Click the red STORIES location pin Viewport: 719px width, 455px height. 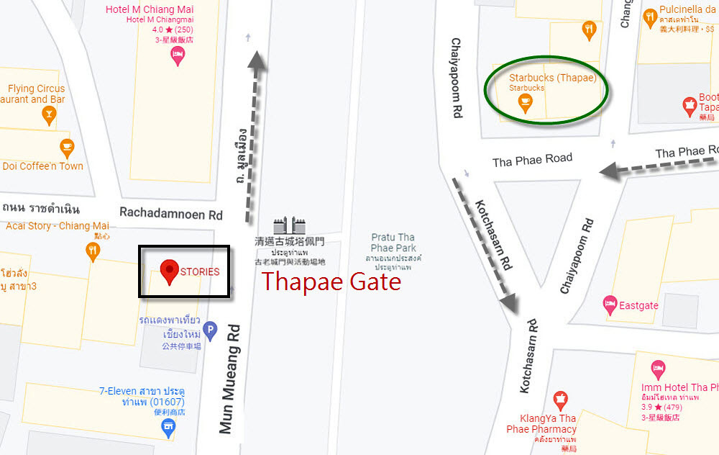(x=170, y=271)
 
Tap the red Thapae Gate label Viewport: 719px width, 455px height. (x=331, y=281)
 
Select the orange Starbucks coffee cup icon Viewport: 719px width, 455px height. (x=526, y=103)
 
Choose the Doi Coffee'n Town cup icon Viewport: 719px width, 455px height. (x=67, y=148)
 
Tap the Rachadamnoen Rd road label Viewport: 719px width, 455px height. (x=171, y=214)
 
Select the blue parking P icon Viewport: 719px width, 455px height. (x=210, y=331)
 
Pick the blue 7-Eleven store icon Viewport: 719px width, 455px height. (x=169, y=428)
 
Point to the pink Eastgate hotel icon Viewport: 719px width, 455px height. (x=610, y=305)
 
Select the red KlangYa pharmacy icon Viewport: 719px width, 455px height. (x=560, y=400)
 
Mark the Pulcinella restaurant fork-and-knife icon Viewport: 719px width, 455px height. (x=650, y=16)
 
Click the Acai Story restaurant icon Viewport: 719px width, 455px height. (x=93, y=251)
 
